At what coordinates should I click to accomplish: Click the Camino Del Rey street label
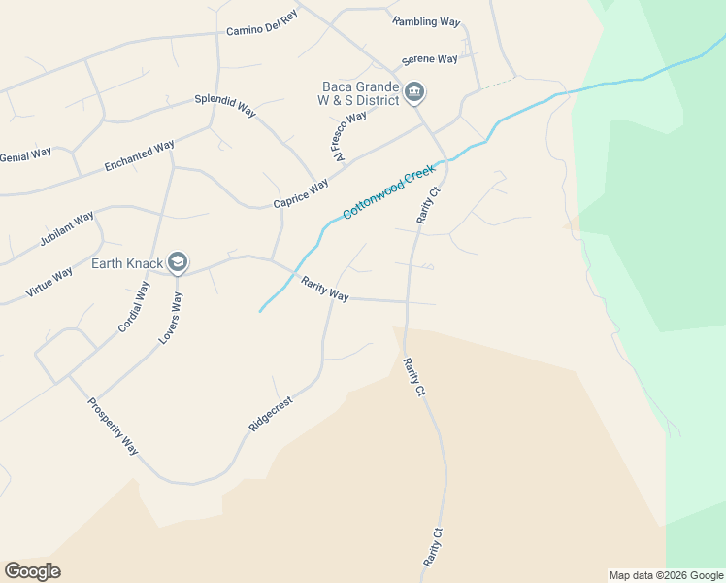pos(261,30)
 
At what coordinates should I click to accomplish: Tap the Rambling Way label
pos(426,21)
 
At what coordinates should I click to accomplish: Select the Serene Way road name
pos(429,59)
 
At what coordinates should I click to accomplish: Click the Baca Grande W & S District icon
pos(414,92)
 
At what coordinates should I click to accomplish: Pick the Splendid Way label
pos(225,105)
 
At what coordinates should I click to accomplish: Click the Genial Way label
pos(26,154)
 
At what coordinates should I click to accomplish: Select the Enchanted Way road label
pos(140,156)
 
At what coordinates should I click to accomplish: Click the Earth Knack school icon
pos(178,262)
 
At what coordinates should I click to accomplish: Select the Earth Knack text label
pos(127,263)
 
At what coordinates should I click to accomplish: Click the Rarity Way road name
pos(324,289)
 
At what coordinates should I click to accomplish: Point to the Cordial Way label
pos(134,307)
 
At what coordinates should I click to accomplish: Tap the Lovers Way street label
pos(171,319)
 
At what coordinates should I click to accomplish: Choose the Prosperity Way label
pos(113,427)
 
